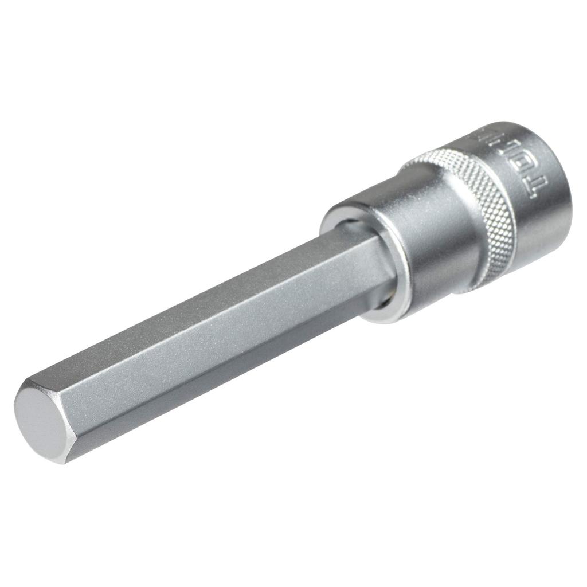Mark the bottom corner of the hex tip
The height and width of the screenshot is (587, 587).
point(64,462)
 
